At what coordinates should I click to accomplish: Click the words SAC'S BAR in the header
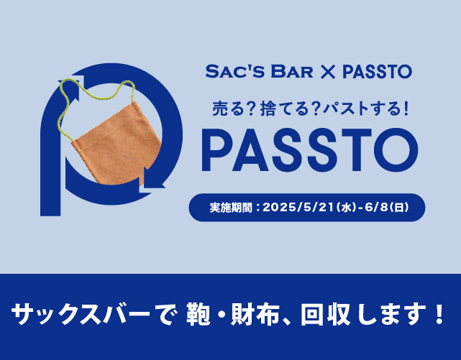(260, 72)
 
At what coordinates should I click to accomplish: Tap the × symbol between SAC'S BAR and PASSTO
(328, 72)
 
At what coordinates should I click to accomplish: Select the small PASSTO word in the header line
(377, 72)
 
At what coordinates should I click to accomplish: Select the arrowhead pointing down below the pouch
(152, 180)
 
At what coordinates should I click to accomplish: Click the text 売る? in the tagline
(234, 108)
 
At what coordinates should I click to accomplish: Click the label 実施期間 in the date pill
(231, 208)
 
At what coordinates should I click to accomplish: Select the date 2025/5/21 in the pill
(298, 208)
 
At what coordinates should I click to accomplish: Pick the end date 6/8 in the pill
(377, 208)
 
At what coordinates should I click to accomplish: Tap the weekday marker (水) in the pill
(347, 208)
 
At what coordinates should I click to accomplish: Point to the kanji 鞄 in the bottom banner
(198, 315)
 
